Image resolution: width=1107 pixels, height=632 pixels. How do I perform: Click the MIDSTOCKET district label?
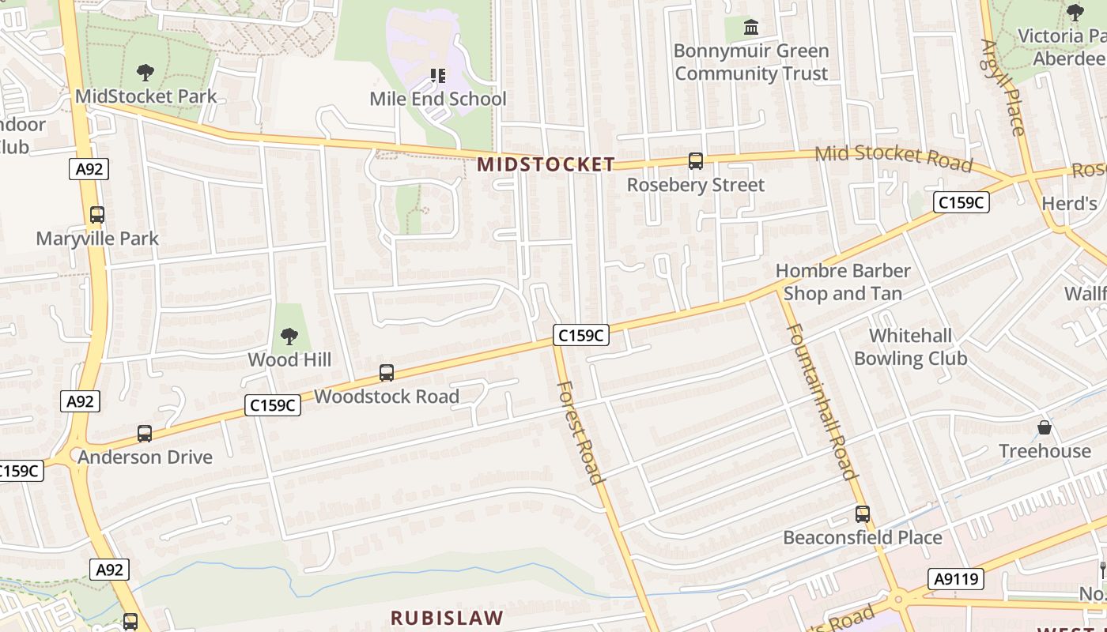pos(546,164)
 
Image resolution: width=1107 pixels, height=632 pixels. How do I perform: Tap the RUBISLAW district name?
pos(447,617)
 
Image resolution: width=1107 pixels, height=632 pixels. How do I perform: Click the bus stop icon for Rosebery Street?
pos(696,161)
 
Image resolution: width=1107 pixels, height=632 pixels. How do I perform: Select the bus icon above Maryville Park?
pos(97,215)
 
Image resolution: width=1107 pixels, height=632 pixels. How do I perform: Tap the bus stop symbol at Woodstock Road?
pos(387,373)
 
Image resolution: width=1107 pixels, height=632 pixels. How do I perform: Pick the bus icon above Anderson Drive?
pos(145,434)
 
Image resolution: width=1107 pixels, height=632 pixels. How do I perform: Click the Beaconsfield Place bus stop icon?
pos(863,514)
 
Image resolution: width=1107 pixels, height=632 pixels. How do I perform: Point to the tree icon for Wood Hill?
pos(289,337)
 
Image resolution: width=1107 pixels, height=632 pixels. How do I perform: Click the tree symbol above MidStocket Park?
pos(145,73)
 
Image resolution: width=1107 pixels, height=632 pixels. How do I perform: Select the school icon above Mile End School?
pos(438,76)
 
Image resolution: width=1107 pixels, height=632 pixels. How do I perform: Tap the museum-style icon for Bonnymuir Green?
pos(751,28)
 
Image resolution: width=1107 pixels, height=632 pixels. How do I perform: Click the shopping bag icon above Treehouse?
pos(1045,428)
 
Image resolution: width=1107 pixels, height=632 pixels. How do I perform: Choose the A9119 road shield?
pos(957,580)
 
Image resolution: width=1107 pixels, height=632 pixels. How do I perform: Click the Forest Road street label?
pos(580,431)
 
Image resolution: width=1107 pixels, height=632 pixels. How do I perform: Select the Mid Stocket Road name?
pos(894,157)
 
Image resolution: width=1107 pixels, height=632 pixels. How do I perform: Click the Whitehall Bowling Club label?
pos(910,348)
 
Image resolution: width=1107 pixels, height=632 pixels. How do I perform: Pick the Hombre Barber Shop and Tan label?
pos(843,282)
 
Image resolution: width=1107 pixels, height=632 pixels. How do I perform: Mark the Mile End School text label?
pos(438,100)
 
